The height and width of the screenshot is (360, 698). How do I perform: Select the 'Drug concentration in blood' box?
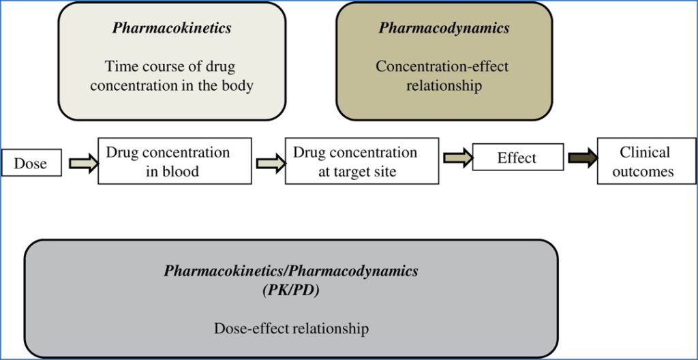coord(174,161)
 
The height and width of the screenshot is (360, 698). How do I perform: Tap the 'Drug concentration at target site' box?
coord(361,161)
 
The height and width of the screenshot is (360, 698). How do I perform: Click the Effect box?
coord(517,157)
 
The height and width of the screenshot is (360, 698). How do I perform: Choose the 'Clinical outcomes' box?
coord(645,161)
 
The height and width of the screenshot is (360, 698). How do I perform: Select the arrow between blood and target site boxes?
coord(268,163)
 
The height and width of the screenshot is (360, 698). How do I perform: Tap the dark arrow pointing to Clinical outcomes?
coord(581,158)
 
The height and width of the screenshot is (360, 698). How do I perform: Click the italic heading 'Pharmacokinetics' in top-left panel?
coord(172,28)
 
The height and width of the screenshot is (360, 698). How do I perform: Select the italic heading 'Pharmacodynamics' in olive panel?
coord(444,28)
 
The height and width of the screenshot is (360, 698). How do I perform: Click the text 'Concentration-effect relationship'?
coord(443,76)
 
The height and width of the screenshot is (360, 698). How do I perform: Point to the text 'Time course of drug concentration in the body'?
coord(172,76)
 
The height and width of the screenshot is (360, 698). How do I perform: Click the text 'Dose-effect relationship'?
coord(291,328)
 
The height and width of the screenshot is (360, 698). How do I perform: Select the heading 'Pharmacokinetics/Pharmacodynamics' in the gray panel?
coord(291,271)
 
